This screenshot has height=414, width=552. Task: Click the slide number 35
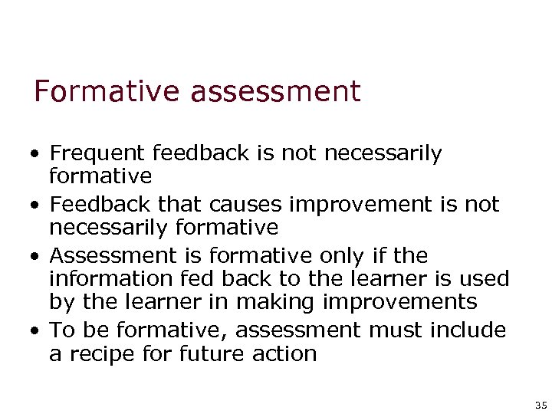tap(540, 404)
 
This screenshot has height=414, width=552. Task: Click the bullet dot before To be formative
tap(36, 331)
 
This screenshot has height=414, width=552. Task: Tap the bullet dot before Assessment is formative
tap(36, 256)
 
